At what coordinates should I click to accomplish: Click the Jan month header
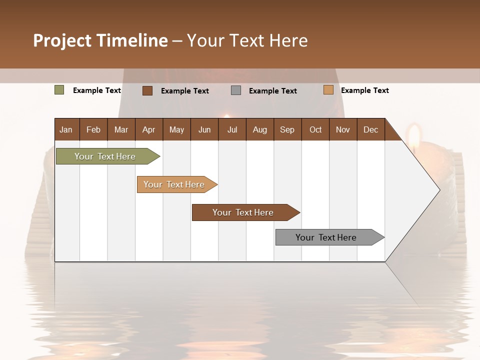[66, 129]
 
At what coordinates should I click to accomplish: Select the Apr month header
[149, 129]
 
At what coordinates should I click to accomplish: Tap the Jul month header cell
[232, 129]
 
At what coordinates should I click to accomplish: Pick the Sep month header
[287, 129]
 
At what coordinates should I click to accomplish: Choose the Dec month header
[370, 129]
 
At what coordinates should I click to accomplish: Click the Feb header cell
[93, 129]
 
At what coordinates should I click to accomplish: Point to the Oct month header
[315, 129]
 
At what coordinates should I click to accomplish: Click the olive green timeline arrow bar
[105, 156]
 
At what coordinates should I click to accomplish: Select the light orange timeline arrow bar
[174, 184]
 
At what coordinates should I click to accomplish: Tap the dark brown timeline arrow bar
[243, 212]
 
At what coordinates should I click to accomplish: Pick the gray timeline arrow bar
[326, 237]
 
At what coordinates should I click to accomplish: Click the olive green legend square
[59, 90]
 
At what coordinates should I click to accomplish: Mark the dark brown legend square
[147, 90]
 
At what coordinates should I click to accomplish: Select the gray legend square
[236, 90]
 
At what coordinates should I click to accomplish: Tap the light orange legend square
[328, 90]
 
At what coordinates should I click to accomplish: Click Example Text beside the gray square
[273, 91]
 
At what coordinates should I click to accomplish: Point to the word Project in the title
[62, 40]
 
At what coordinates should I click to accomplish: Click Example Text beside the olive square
[97, 90]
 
